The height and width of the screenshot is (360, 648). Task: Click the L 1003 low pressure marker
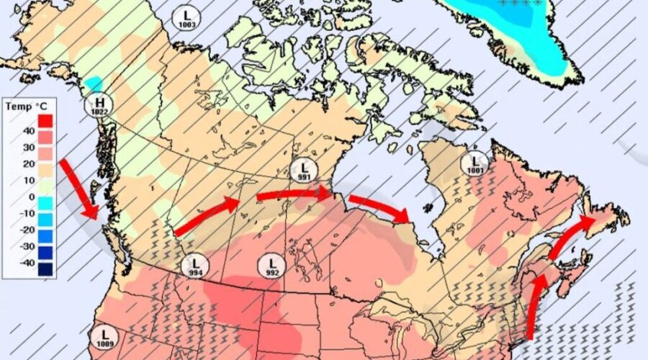tap(186, 18)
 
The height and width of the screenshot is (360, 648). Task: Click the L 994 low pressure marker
tap(194, 266)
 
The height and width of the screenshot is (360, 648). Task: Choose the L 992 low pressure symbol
tap(272, 265)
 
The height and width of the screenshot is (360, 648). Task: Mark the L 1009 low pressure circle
tap(104, 337)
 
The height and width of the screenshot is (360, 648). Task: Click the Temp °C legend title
tap(19, 107)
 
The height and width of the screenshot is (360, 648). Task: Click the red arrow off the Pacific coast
tap(79, 189)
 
